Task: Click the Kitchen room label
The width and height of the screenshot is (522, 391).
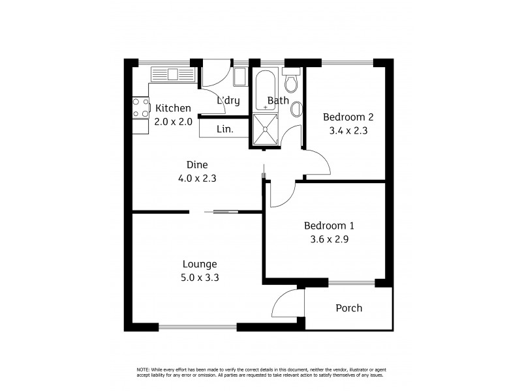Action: pyautogui.click(x=173, y=108)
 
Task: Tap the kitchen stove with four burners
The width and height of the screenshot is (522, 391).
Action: pyautogui.click(x=140, y=108)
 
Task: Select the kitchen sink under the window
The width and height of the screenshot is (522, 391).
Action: pyautogui.click(x=174, y=74)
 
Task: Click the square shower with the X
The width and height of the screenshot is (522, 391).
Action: pyautogui.click(x=266, y=128)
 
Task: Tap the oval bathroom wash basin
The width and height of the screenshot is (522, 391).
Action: pyautogui.click(x=296, y=109)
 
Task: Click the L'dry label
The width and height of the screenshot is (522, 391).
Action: pyautogui.click(x=228, y=100)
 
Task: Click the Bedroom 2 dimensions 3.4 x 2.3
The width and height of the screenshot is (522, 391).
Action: pyautogui.click(x=348, y=130)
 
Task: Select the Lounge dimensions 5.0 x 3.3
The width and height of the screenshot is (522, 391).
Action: pyautogui.click(x=200, y=277)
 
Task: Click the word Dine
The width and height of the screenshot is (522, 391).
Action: pyautogui.click(x=196, y=165)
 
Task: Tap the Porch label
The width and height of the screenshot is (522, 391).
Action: pyautogui.click(x=348, y=308)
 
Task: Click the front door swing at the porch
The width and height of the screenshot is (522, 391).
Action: pyautogui.click(x=287, y=303)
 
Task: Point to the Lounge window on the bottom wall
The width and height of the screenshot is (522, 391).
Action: pyautogui.click(x=198, y=326)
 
